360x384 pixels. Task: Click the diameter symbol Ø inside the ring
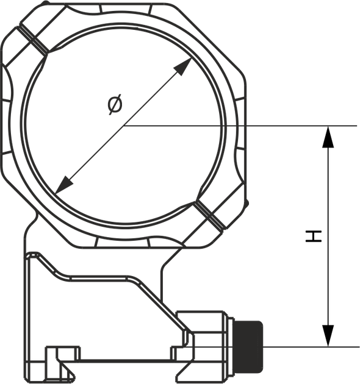pyautogui.click(x=115, y=104)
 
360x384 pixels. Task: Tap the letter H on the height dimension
pyautogui.click(x=314, y=236)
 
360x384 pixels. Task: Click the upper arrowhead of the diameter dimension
pyautogui.click(x=182, y=66)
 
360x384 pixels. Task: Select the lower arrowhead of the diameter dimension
pyautogui.click(x=64, y=185)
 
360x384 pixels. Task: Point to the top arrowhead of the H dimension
pyautogui.click(x=328, y=137)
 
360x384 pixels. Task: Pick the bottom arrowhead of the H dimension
pyautogui.click(x=328, y=336)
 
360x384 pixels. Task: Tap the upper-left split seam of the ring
pyautogui.click(x=33, y=40)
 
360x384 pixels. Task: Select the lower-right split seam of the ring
pyautogui.click(x=210, y=216)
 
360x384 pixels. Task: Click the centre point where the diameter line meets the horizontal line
pyautogui.click(x=123, y=126)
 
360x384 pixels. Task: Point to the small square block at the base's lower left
pyautogui.click(x=63, y=354)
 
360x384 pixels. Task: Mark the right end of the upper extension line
pyautogui.click(x=357, y=126)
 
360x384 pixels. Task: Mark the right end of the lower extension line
pyautogui.click(x=359, y=347)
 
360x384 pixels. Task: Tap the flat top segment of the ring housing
pyautogui.click(x=125, y=9)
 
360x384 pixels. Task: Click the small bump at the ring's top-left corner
pyautogui.click(x=46, y=3)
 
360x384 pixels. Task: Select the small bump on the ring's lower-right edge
pyautogui.click(x=247, y=203)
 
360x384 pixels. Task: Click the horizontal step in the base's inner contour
pyautogui.click(x=98, y=279)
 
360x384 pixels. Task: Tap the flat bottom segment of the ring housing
pyautogui.click(x=122, y=242)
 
